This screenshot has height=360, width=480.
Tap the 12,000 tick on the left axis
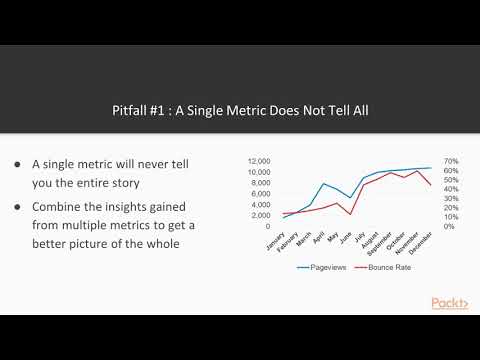[259, 160]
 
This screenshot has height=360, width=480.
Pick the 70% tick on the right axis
[451, 160]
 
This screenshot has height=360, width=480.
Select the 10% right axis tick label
[451, 216]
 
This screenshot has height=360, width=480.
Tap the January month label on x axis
[276, 242]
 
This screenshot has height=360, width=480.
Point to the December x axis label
[421, 244]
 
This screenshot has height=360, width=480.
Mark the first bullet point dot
[19, 164]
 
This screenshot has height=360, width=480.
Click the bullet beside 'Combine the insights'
[19, 207]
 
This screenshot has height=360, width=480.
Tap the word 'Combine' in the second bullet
[58, 207]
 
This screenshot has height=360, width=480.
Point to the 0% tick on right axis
[449, 226]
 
